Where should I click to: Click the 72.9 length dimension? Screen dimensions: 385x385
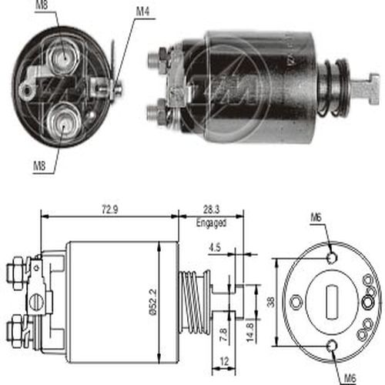click(x=110, y=210)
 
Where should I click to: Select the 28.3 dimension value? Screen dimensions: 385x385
click(x=212, y=209)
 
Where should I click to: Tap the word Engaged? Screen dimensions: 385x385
click(x=211, y=223)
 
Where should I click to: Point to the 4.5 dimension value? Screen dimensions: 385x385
click(x=215, y=248)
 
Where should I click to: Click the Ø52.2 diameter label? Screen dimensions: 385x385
click(x=153, y=302)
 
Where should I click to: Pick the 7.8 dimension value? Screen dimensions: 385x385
click(x=223, y=334)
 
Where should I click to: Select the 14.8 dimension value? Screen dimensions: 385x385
click(x=250, y=333)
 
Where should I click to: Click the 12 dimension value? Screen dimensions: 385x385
click(x=224, y=362)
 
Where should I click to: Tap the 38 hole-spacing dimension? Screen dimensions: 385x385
click(x=271, y=302)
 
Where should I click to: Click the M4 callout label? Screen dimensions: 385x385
click(x=142, y=12)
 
